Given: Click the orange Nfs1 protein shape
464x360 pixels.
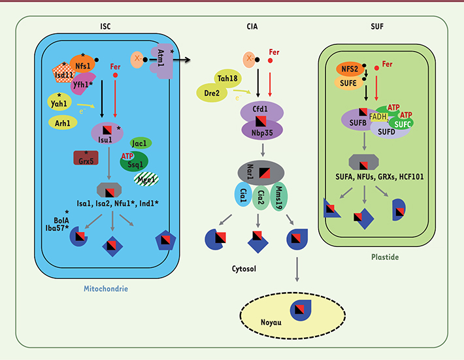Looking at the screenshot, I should pos(82,66).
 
